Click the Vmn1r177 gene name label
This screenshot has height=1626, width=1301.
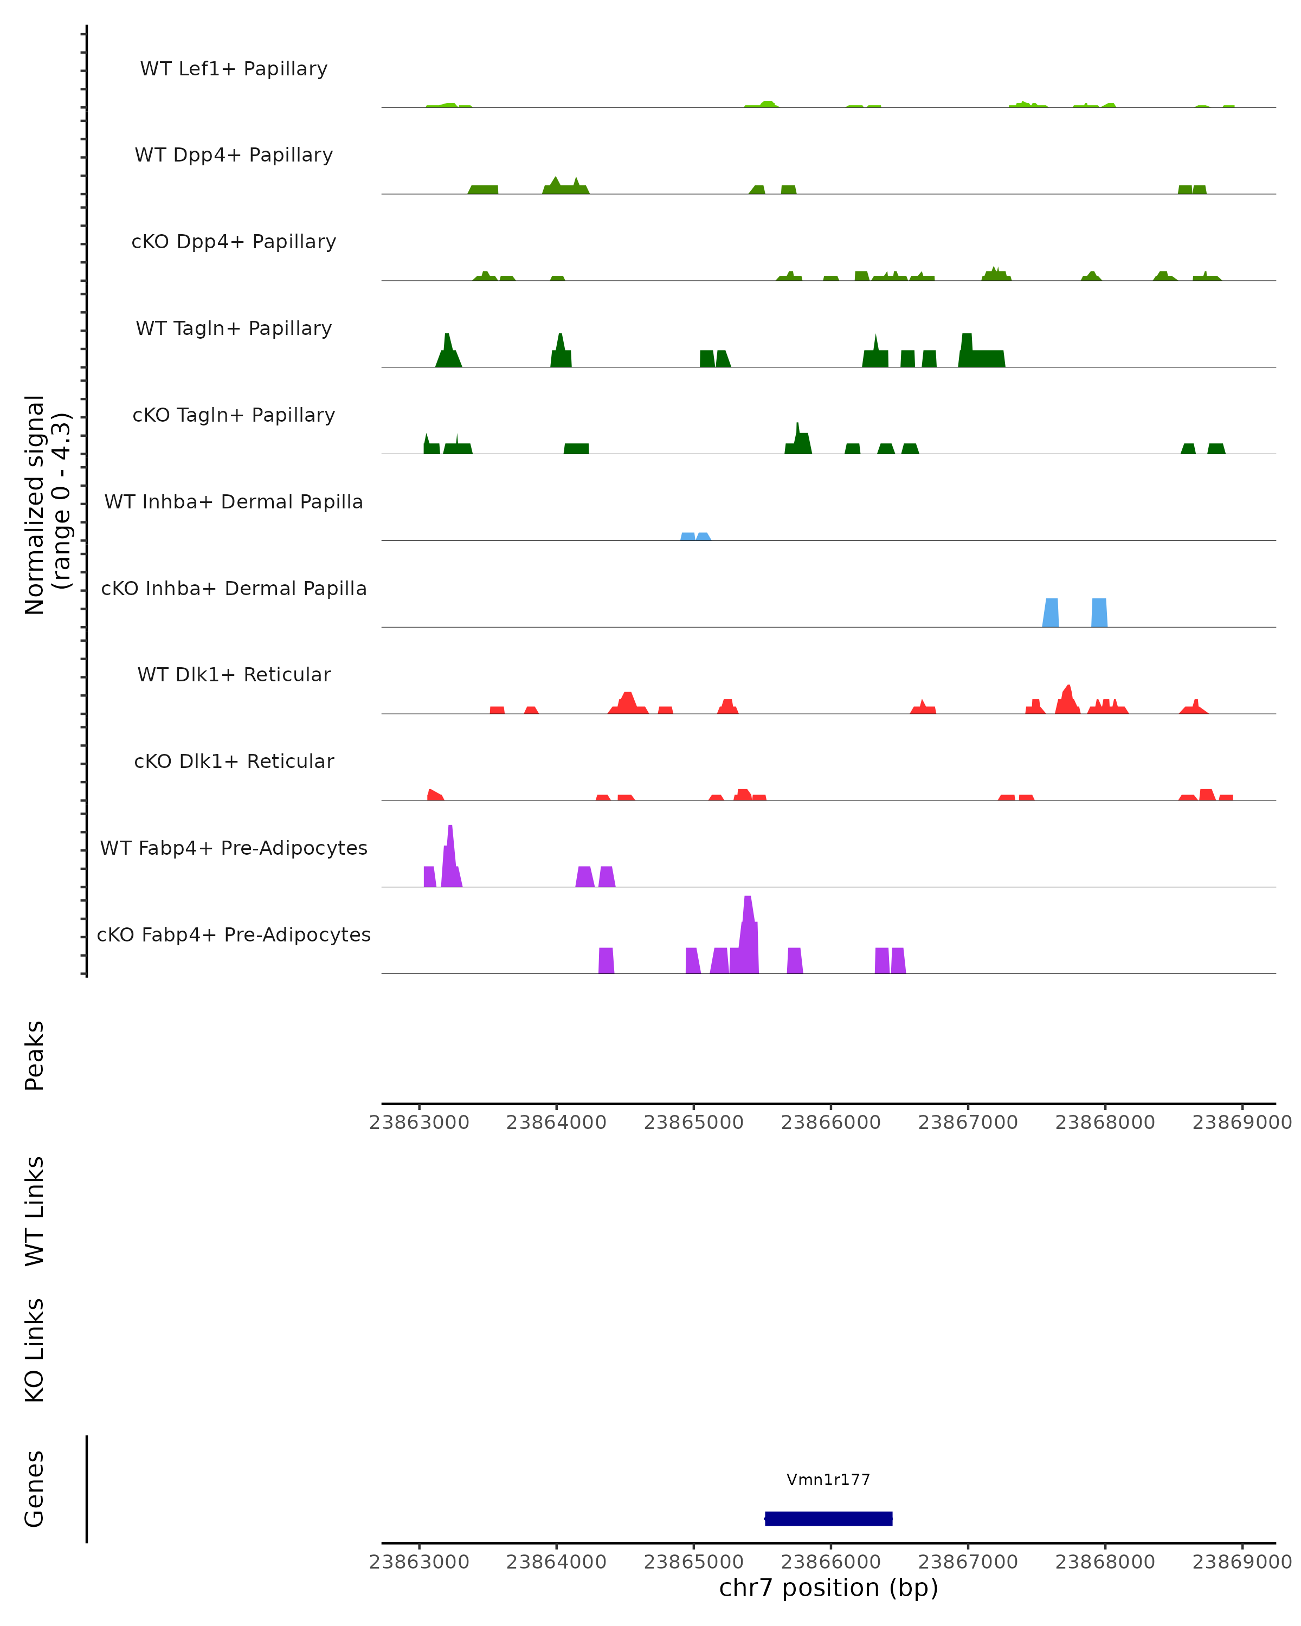pos(828,1480)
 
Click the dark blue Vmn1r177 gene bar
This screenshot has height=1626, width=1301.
pos(828,1518)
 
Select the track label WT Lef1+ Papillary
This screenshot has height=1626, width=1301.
pos(234,69)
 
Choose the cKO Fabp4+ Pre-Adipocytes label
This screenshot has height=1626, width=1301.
pos(234,934)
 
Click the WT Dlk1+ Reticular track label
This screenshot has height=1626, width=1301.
pos(234,674)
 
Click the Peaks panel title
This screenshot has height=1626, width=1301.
pos(35,1055)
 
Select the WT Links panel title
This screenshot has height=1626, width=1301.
pos(35,1211)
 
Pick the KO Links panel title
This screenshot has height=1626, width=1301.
pos(35,1350)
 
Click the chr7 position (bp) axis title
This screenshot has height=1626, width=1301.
pos(828,1588)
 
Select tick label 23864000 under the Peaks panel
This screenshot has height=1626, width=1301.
pos(556,1122)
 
